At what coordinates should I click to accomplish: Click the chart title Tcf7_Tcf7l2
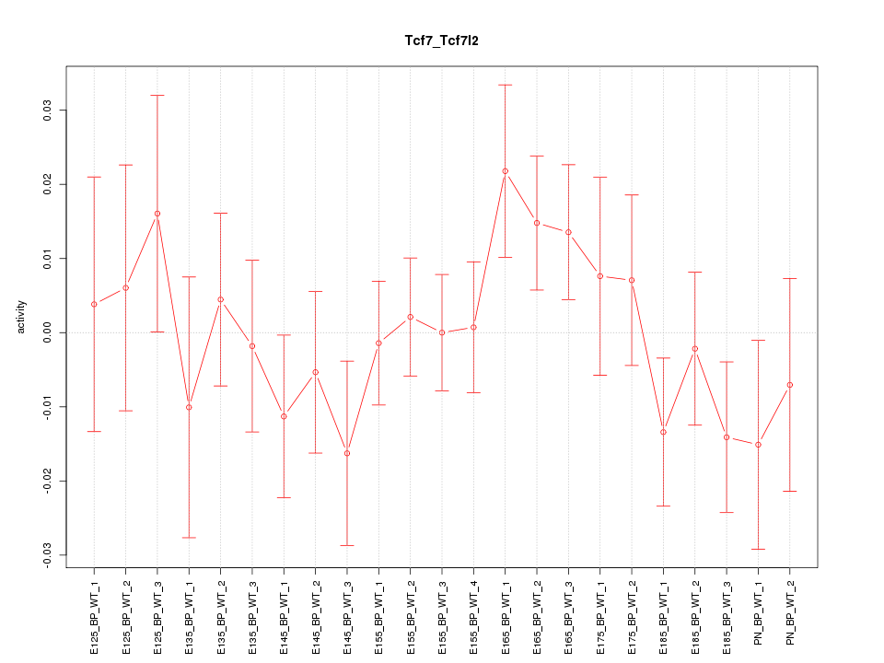(441, 41)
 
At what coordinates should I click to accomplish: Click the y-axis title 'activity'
(21, 317)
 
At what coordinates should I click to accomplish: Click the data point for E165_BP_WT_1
(506, 171)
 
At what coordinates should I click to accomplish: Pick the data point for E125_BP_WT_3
(157, 214)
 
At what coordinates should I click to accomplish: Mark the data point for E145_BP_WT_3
(347, 453)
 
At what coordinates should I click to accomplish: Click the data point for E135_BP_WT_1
(189, 407)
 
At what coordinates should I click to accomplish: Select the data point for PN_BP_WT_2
(790, 385)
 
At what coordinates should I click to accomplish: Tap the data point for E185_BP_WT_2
(695, 349)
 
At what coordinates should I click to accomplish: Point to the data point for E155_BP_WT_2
(411, 317)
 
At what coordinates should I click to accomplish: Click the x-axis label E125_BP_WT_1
(95, 612)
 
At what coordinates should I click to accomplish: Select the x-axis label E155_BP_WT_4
(474, 612)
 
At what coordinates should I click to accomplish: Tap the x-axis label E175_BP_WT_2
(633, 612)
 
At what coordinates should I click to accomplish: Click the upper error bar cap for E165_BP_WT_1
(506, 85)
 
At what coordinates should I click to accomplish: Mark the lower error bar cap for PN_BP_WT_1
(759, 549)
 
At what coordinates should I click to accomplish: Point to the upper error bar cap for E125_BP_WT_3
(157, 95)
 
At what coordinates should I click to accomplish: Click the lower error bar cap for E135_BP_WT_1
(189, 538)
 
